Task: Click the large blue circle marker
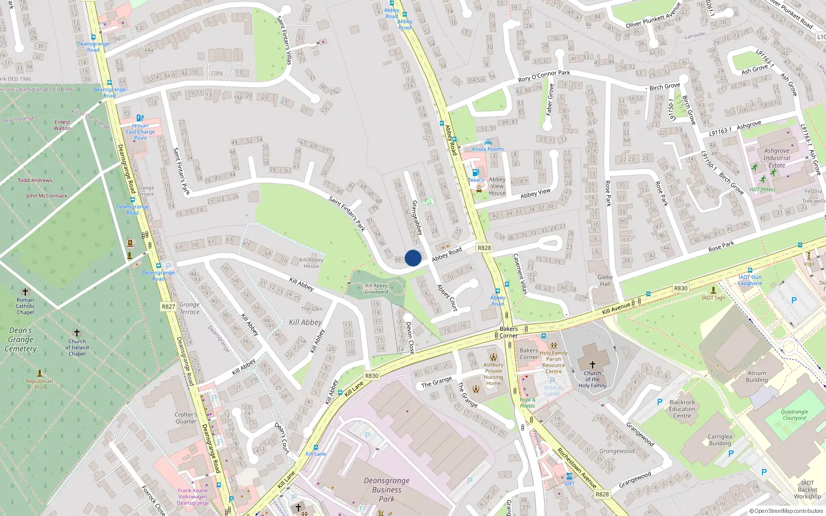click(413, 258)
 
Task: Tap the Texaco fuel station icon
click(475, 173)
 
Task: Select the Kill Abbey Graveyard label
click(376, 289)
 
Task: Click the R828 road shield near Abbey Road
click(484, 248)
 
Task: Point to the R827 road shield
click(168, 307)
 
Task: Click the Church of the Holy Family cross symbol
click(593, 364)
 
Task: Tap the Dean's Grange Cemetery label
click(21, 340)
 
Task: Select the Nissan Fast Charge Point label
click(140, 132)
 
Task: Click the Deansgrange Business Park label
click(387, 489)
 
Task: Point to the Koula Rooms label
click(488, 149)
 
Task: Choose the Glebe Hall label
click(605, 280)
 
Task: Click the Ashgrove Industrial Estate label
click(776, 158)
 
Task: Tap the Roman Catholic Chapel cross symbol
click(25, 292)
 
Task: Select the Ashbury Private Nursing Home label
click(493, 374)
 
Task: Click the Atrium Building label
click(756, 376)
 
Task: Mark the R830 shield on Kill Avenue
click(680, 288)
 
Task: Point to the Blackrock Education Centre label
click(682, 409)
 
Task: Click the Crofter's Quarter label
click(186, 417)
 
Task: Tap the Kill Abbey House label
click(311, 263)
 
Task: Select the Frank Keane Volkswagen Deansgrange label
click(193, 496)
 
